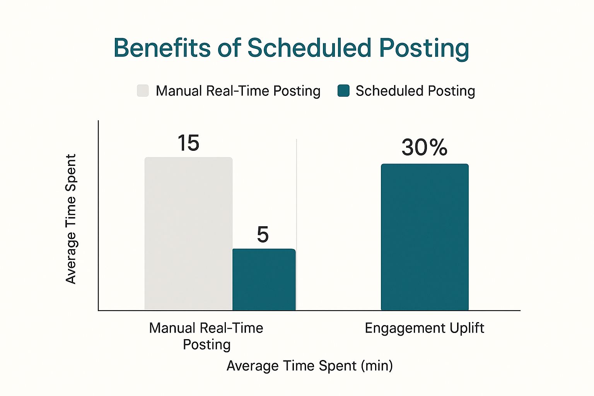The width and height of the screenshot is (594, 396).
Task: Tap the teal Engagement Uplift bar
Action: click(x=425, y=237)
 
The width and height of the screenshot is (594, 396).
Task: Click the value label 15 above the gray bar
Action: click(x=188, y=143)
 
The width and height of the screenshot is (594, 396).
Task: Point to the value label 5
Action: click(x=263, y=235)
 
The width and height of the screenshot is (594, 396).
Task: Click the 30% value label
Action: click(x=424, y=147)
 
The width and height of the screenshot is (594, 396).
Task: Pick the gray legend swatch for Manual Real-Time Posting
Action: click(x=143, y=90)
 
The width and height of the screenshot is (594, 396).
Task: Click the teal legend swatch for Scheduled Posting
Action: click(x=343, y=90)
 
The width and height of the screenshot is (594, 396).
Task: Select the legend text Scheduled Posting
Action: click(x=415, y=91)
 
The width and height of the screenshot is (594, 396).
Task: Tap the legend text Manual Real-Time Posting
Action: click(x=238, y=91)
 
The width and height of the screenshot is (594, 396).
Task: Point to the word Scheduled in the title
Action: click(x=309, y=48)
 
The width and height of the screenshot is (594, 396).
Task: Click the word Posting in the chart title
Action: click(x=424, y=49)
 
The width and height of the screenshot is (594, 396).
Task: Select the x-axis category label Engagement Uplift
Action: click(x=424, y=328)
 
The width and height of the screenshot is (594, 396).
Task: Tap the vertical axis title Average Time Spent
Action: click(x=71, y=219)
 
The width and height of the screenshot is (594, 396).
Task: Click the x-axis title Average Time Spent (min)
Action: click(x=309, y=365)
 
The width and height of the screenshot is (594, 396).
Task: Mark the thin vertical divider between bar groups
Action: click(x=297, y=193)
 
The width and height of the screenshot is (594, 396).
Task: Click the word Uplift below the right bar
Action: click(x=467, y=328)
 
